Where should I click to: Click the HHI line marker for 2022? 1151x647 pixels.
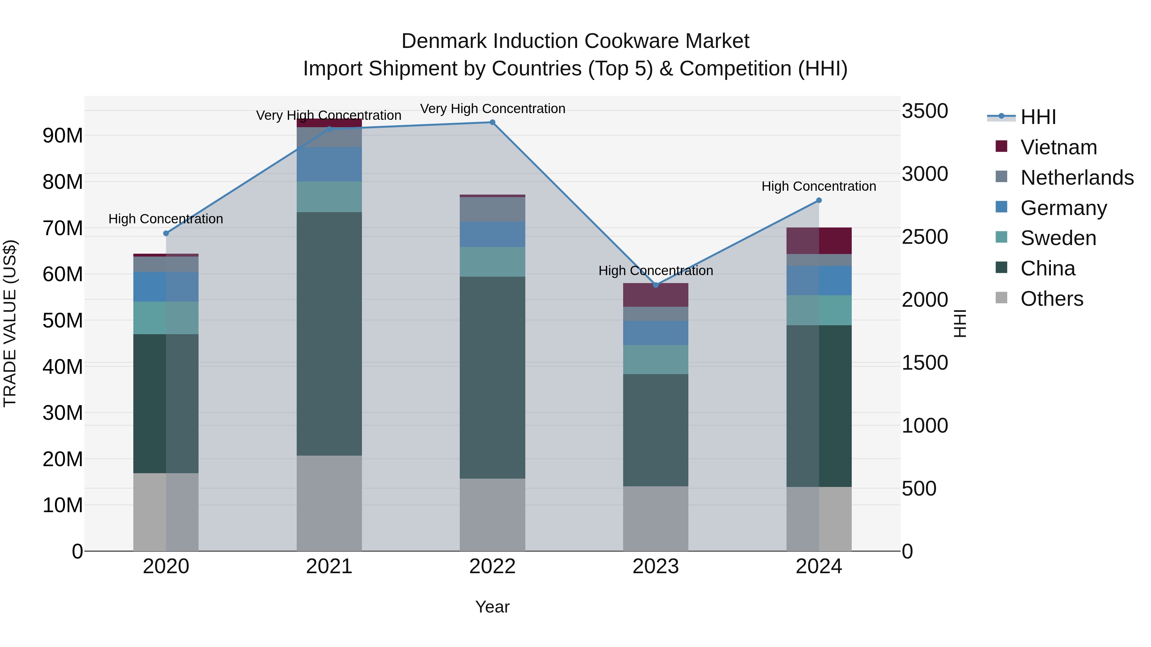492,122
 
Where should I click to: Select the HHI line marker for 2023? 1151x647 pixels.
655,285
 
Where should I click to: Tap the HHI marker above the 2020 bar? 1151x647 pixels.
166,233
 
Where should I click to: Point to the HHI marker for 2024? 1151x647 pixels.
818,200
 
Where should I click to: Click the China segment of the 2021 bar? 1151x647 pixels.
329,334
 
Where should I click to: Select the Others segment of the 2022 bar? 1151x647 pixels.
492,514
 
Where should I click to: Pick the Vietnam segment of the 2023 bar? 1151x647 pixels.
655,295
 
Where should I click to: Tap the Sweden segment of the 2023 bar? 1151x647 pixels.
655,359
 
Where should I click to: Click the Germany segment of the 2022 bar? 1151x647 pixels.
492,235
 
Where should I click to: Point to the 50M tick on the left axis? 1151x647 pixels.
63,320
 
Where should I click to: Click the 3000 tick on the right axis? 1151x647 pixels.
924,174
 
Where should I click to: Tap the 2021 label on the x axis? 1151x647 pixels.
329,566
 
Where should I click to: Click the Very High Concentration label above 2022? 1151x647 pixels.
492,109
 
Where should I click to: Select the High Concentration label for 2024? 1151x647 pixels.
818,186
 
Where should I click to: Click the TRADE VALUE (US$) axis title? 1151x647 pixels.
10,323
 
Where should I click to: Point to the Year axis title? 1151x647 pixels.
492,607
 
